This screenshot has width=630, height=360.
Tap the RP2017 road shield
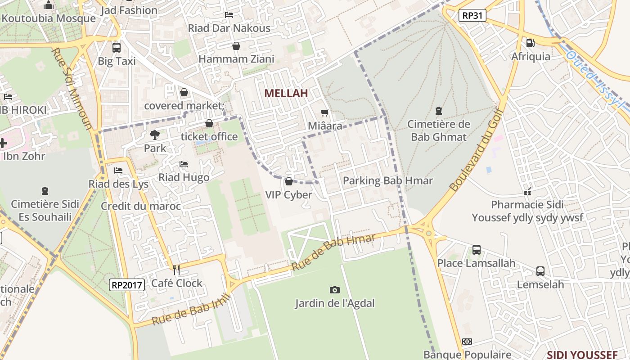(x=127, y=284)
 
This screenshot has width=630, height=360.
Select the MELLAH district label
(x=286, y=94)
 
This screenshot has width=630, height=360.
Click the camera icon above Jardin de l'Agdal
(x=334, y=290)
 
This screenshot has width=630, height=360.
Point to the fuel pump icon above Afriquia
(x=531, y=43)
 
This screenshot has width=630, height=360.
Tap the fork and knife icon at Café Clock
(x=176, y=270)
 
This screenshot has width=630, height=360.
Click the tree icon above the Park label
(x=154, y=135)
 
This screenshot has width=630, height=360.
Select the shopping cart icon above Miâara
(x=324, y=113)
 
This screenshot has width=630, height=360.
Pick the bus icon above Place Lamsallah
(x=476, y=249)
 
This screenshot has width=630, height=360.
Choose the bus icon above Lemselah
(x=540, y=271)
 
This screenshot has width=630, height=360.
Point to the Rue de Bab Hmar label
(x=333, y=252)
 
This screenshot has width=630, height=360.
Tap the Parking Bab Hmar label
(x=387, y=181)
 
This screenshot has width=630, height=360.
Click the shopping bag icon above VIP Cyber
(x=288, y=181)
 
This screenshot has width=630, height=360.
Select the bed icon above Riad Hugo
(x=184, y=164)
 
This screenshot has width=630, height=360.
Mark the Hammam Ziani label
(x=236, y=59)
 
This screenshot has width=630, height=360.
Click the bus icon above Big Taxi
(x=117, y=47)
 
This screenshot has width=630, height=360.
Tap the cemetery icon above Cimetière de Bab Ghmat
(x=439, y=111)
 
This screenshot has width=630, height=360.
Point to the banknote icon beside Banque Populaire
(x=467, y=342)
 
